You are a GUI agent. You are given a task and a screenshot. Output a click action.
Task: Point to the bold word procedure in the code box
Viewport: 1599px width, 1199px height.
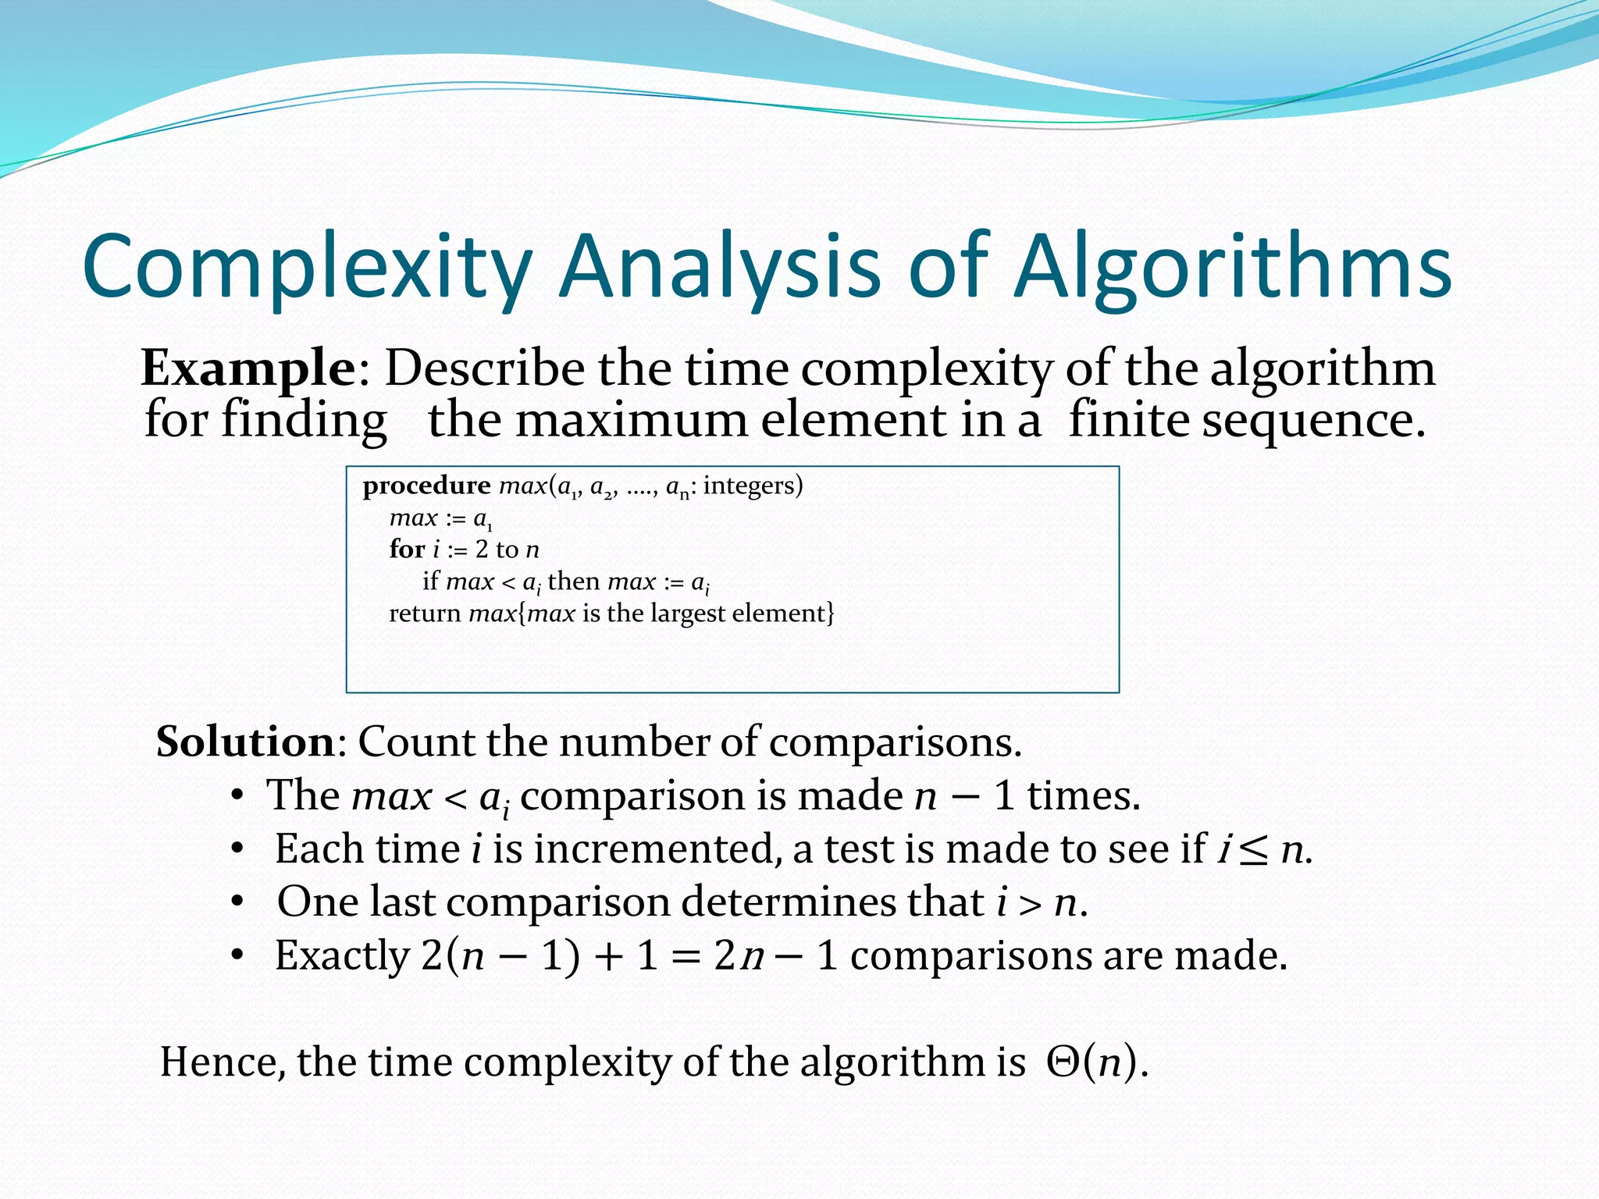tap(426, 486)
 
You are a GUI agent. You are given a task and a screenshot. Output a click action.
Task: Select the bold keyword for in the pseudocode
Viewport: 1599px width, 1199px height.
tap(407, 550)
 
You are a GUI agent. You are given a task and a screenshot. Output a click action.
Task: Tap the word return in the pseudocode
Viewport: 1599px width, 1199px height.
tap(425, 614)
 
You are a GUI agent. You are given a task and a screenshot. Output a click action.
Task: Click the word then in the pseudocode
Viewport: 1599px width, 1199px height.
tap(574, 582)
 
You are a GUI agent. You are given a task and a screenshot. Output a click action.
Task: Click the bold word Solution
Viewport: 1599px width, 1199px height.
tap(245, 742)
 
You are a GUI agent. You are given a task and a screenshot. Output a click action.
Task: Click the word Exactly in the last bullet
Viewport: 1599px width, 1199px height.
tap(342, 955)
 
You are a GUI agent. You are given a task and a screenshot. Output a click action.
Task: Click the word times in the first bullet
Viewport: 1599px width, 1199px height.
tap(1083, 796)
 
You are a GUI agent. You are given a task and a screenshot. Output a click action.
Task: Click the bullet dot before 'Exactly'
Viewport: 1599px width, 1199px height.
tap(238, 956)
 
